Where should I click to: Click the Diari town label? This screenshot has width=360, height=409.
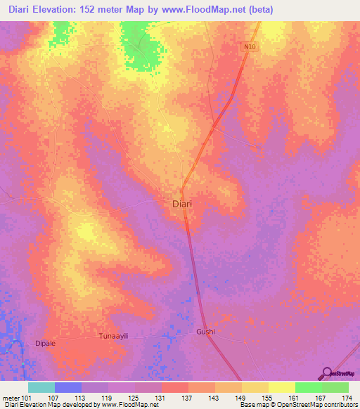point(182,204)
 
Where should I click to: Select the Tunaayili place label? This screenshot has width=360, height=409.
point(114,336)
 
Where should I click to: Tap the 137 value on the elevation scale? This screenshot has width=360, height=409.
point(188,397)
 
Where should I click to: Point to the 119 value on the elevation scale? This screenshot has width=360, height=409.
point(108,397)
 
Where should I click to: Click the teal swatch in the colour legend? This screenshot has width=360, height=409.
point(41,387)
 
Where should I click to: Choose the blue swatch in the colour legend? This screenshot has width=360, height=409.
point(68,387)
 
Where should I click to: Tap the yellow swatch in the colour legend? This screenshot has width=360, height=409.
point(282,387)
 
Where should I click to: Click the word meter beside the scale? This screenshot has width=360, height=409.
point(11,397)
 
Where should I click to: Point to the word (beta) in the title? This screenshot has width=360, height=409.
point(259,10)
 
